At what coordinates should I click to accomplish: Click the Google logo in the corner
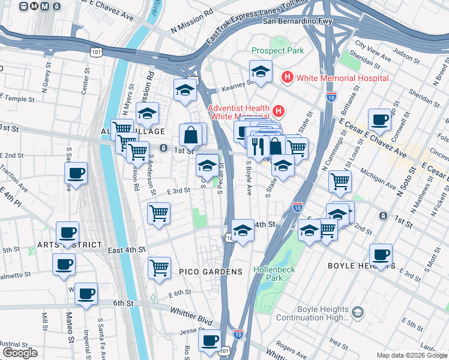click(x=20, y=353)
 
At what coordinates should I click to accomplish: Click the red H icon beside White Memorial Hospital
click(x=287, y=77)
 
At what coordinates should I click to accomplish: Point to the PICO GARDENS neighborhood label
click(x=211, y=272)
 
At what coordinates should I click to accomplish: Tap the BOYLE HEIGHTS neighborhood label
click(x=355, y=265)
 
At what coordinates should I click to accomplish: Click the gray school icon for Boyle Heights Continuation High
click(x=358, y=313)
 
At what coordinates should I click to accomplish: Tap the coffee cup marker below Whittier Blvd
click(x=209, y=341)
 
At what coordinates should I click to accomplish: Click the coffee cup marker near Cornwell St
click(x=379, y=120)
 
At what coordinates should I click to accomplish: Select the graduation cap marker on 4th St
click(x=243, y=230)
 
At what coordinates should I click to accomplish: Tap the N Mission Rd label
click(x=192, y=28)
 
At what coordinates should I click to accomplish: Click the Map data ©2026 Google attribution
click(x=411, y=355)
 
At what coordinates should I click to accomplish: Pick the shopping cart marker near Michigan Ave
click(x=340, y=179)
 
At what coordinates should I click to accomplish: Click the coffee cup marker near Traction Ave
click(x=76, y=173)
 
